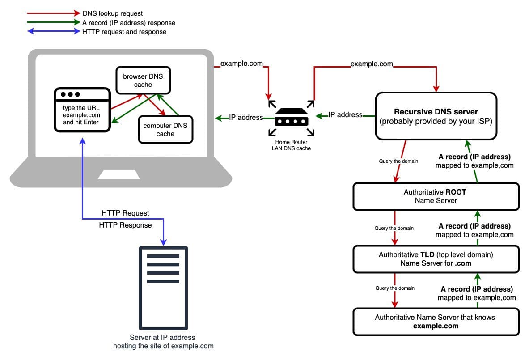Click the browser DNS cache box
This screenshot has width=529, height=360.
[143, 80]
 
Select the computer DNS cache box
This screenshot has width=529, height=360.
[165, 129]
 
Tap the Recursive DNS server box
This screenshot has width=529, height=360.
[436, 116]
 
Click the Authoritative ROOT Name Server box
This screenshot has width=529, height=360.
[436, 196]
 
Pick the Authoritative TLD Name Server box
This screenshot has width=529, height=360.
[436, 259]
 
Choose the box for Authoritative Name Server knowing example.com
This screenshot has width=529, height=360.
[436, 322]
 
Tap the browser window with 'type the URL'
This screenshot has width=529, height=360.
[82, 110]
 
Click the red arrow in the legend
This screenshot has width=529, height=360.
[52, 14]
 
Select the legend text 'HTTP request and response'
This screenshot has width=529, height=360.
[124, 32]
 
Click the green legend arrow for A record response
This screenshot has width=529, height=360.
[52, 23]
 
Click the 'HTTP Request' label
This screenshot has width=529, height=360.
[125, 213]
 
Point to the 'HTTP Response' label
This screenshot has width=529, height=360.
[125, 225]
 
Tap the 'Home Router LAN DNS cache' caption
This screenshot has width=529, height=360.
[291, 145]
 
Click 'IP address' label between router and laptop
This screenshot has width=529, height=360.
[246, 118]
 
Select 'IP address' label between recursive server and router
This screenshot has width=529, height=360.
[345, 115]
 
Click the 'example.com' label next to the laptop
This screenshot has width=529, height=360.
[241, 64]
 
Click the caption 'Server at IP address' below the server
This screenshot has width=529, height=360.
[163, 337]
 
